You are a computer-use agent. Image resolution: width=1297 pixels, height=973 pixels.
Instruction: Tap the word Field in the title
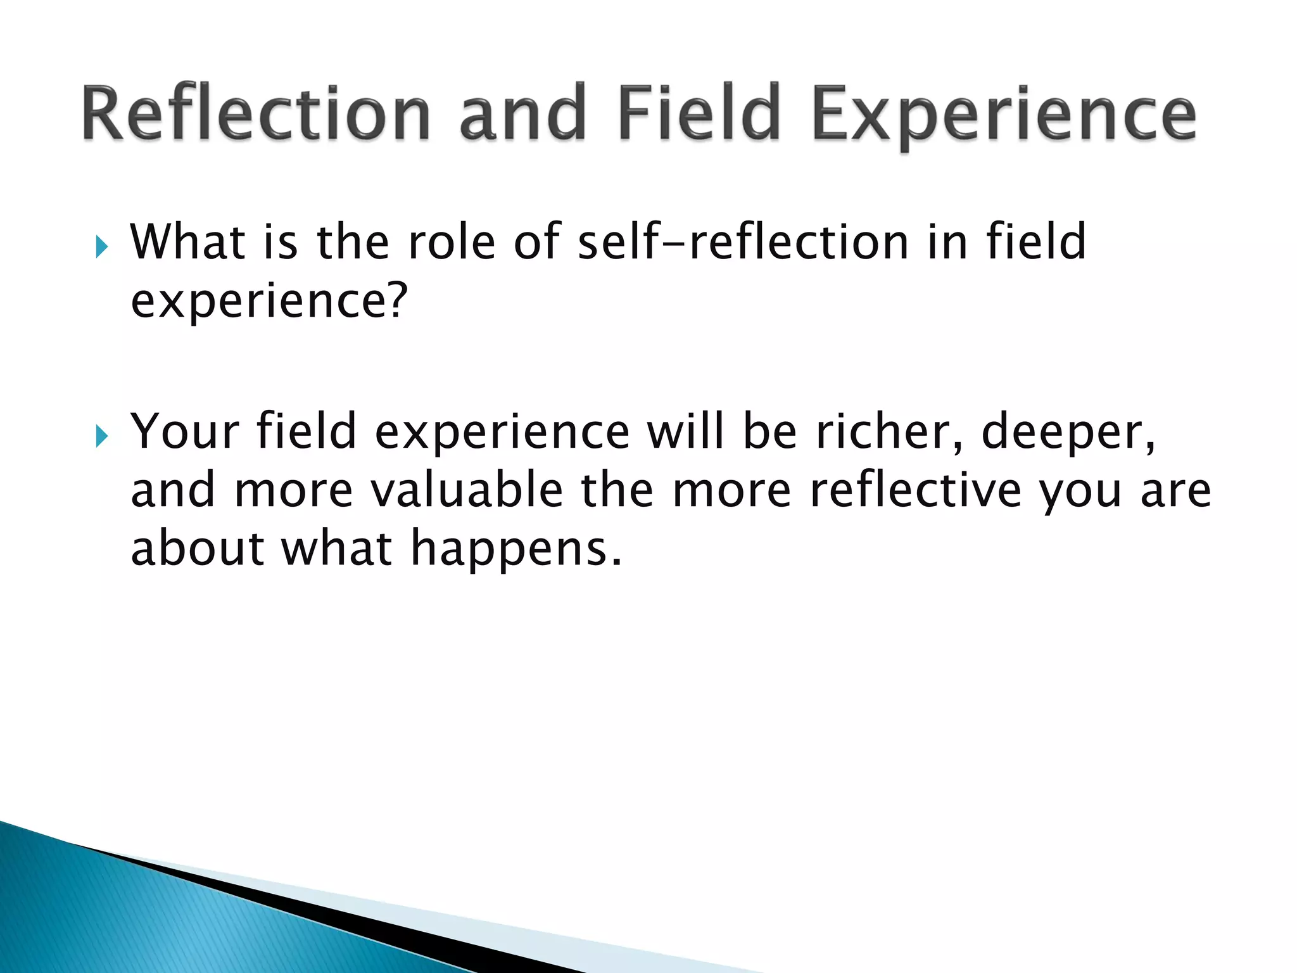[699, 114]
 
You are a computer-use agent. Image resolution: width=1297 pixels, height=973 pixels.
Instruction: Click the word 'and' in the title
[522, 114]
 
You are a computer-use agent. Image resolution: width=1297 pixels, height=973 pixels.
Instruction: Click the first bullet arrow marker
[102, 246]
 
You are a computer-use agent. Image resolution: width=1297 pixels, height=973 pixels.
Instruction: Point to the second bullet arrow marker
[102, 436]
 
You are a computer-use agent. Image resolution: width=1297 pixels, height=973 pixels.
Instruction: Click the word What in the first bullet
[187, 242]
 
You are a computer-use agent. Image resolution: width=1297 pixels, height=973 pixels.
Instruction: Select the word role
[452, 242]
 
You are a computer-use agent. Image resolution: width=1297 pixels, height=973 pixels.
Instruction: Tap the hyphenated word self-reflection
[743, 242]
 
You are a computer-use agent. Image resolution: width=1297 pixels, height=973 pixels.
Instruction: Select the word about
[197, 549]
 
